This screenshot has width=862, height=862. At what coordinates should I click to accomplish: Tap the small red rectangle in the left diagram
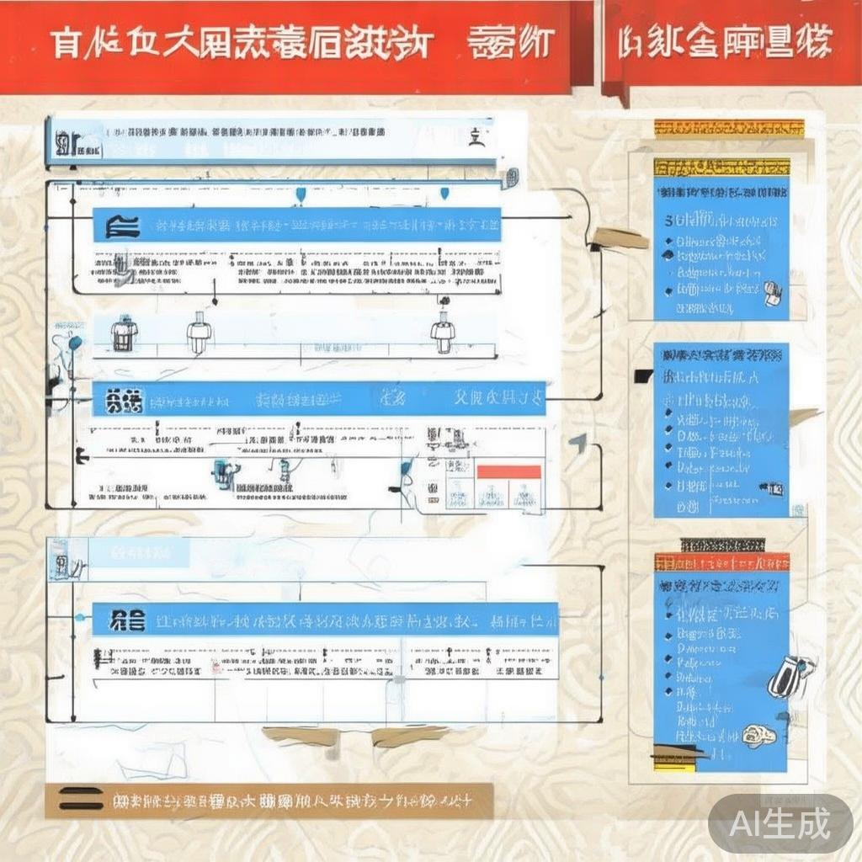click(508, 471)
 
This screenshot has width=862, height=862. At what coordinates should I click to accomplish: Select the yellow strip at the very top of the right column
click(729, 128)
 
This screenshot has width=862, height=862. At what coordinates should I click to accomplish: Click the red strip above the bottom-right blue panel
click(721, 561)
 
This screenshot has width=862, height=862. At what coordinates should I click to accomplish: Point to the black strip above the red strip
click(721, 544)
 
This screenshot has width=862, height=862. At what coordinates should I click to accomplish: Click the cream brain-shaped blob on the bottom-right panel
click(759, 736)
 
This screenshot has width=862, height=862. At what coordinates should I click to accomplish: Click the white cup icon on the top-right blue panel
click(773, 293)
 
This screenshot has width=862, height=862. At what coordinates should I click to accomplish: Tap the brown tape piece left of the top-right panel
click(621, 239)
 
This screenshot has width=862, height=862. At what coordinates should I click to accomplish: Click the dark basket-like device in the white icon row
click(124, 334)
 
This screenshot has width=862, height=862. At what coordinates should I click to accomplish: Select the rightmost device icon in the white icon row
click(443, 333)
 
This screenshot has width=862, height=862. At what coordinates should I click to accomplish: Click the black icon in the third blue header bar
click(127, 621)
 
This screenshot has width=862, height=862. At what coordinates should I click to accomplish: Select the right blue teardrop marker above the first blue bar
click(444, 194)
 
